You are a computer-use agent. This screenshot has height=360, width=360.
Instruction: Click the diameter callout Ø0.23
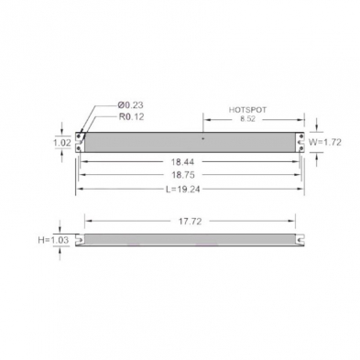(130, 105)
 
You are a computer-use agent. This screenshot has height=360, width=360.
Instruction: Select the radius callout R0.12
(131, 117)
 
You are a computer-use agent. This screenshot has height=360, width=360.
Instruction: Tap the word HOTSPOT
(247, 110)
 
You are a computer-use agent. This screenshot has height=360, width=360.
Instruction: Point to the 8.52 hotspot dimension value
(247, 119)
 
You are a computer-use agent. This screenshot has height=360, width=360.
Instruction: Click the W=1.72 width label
(324, 142)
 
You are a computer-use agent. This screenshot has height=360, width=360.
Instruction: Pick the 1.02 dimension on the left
(62, 143)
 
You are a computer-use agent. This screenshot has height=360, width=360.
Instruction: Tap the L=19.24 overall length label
(183, 190)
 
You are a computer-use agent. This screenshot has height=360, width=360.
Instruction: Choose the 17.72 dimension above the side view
(191, 222)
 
